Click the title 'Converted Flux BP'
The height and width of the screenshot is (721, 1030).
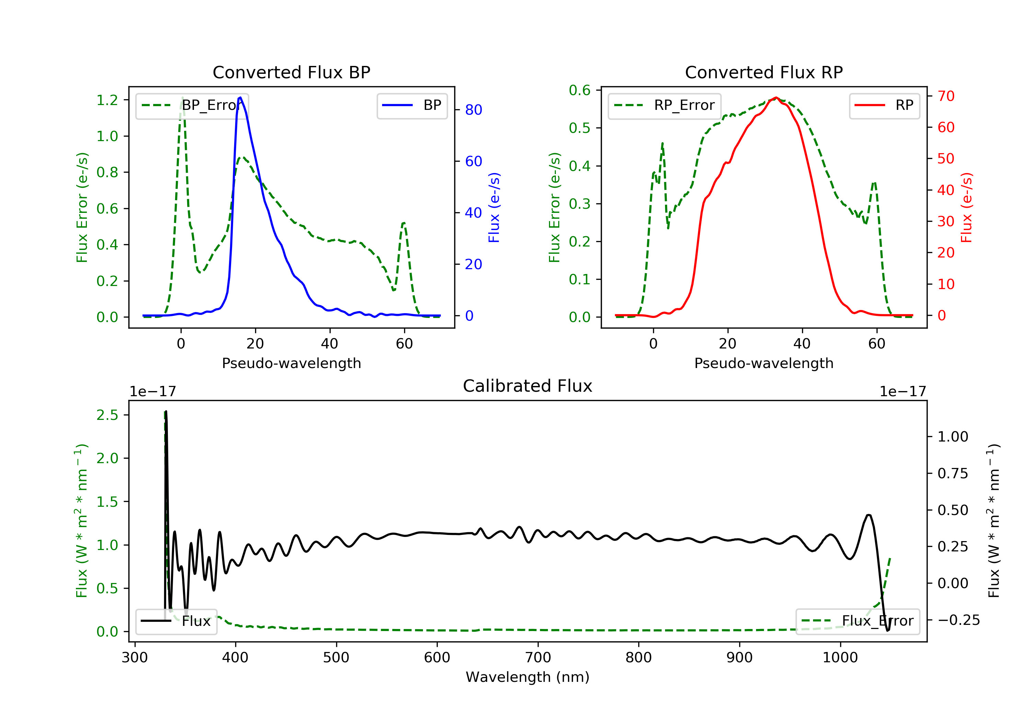291,72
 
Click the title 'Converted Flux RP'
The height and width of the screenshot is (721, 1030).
764,72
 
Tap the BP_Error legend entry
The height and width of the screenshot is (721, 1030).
192,105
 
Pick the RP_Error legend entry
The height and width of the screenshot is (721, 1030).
664,105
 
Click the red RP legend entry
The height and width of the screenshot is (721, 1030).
884,105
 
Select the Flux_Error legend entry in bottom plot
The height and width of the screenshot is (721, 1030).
857,621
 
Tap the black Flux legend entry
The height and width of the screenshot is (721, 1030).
176,621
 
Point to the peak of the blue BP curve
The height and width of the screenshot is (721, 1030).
240,98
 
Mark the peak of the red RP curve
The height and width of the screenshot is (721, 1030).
776,98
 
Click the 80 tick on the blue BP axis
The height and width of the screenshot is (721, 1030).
473,110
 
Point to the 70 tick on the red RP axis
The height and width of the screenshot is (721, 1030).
946,96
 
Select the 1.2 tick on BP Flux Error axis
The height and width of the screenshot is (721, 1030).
107,100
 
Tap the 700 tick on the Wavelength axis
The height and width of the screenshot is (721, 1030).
538,658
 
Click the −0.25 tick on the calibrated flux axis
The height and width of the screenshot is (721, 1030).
958,620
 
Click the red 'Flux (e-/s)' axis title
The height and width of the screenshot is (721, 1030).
966,207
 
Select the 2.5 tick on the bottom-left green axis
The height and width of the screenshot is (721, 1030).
107,415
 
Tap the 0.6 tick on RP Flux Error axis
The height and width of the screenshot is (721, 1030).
580,90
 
